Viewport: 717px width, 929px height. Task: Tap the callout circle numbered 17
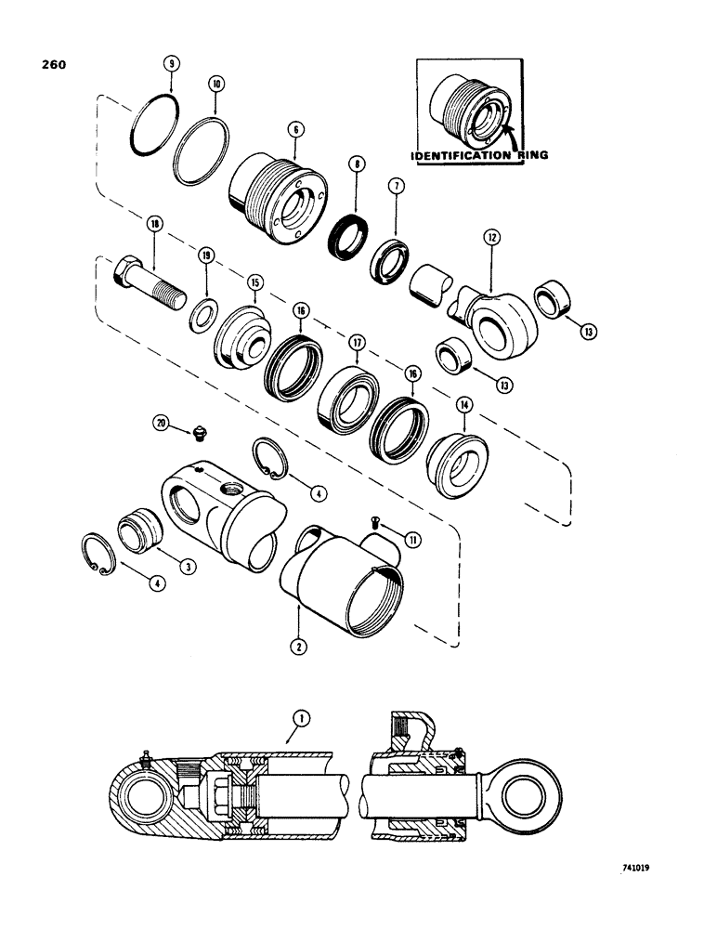tap(356, 343)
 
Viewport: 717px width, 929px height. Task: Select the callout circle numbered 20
tap(163, 424)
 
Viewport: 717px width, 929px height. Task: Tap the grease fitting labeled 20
tap(197, 432)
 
